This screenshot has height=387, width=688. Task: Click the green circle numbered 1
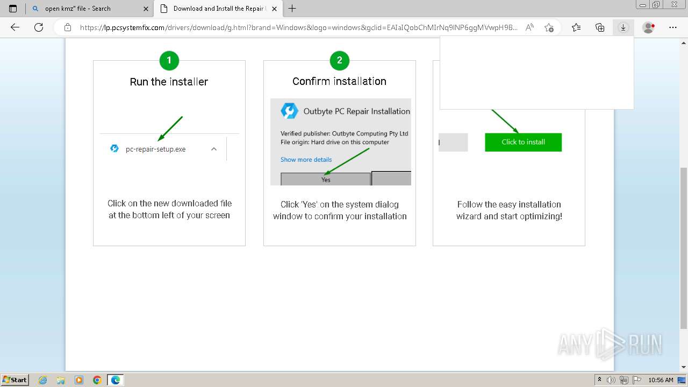point(169,61)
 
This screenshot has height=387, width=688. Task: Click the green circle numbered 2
point(339,61)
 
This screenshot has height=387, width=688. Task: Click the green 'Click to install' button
point(523,142)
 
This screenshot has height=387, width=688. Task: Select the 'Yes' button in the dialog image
point(326,180)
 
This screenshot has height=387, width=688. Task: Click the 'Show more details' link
point(306,160)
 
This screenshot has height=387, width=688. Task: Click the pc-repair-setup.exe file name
point(155,149)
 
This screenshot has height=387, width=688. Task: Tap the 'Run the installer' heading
point(169,82)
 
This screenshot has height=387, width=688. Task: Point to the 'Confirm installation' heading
point(339,81)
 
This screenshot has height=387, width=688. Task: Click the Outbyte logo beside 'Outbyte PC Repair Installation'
point(290,111)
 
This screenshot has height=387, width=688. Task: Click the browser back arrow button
point(15,27)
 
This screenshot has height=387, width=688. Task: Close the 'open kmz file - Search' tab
point(146,9)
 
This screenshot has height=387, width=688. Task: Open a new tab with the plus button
point(292,9)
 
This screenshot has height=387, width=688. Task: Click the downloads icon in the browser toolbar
point(623,27)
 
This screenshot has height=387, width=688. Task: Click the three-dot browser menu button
point(672,27)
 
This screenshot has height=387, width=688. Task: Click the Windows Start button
point(15,380)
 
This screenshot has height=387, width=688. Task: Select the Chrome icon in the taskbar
point(97,380)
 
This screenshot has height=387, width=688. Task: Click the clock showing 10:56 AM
point(661,380)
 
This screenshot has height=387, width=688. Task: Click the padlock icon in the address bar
point(68,27)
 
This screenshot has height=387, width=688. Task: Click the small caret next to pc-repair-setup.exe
point(214,149)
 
